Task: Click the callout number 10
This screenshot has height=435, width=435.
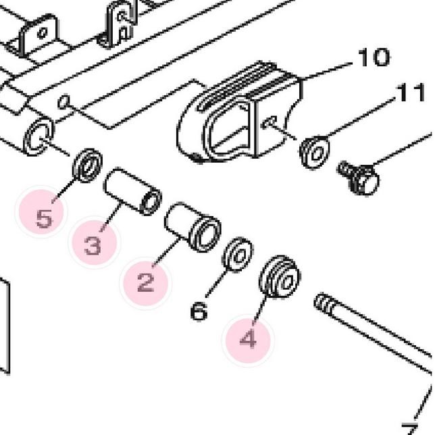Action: click(x=374, y=57)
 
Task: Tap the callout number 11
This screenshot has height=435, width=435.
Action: click(x=411, y=92)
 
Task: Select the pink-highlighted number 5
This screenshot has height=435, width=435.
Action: click(x=44, y=218)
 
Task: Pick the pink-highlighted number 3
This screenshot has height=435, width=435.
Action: click(x=93, y=246)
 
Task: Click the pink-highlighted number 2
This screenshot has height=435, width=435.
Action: click(x=146, y=282)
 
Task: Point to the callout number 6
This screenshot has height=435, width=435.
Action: click(x=199, y=311)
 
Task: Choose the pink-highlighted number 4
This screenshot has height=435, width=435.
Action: click(x=249, y=338)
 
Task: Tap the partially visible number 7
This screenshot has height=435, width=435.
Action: click(x=410, y=429)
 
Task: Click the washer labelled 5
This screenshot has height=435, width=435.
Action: click(x=87, y=165)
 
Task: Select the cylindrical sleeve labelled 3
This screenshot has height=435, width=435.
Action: click(x=132, y=191)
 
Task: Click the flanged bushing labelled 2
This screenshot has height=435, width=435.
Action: click(x=193, y=227)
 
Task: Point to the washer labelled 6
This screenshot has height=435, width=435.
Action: click(x=238, y=254)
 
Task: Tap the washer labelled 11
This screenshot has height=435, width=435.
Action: click(x=315, y=152)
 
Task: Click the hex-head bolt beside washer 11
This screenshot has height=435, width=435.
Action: click(x=359, y=178)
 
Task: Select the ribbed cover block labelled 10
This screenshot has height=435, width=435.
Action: click(x=239, y=112)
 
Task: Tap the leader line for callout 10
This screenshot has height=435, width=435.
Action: click(x=328, y=71)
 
